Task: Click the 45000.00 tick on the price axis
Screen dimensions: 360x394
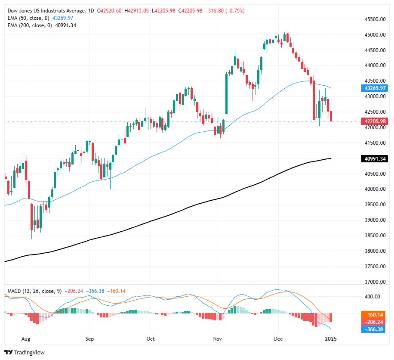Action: pyautogui.click(x=372, y=35)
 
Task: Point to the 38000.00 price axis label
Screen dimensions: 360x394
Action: pyautogui.click(x=372, y=251)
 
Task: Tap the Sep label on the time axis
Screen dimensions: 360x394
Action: pyautogui.click(x=89, y=339)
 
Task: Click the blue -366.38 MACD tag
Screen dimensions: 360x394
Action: pyautogui.click(x=372, y=329)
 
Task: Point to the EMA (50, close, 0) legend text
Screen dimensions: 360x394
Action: pyautogui.click(x=28, y=18)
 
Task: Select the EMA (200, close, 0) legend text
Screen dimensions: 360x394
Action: pyautogui.click(x=30, y=25)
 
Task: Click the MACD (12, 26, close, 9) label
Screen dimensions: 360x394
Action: pyautogui.click(x=34, y=291)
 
